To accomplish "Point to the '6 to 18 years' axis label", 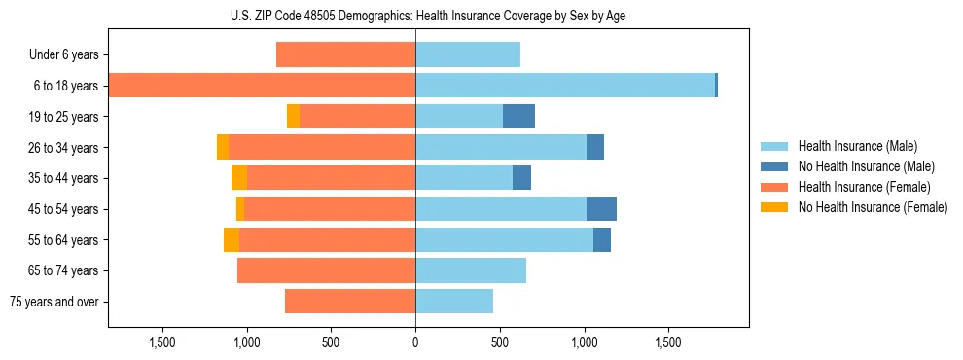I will click(65, 86).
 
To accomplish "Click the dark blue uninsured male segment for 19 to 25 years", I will click(518, 117).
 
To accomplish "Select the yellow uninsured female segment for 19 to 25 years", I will click(293, 117).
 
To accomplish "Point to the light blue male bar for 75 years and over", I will click(454, 302).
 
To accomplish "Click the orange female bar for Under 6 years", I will click(345, 55).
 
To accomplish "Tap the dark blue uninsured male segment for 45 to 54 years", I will click(601, 209).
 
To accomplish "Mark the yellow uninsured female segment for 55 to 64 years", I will click(232, 240).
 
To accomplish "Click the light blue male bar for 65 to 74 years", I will click(471, 270).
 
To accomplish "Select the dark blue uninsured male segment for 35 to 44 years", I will click(521, 178).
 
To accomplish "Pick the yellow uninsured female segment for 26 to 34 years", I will click(223, 148).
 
